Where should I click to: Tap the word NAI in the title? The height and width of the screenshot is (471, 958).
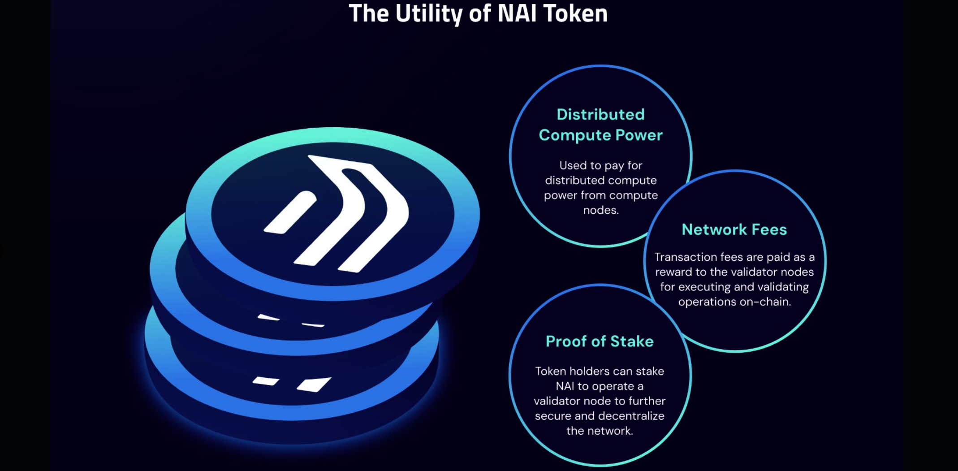pos(517,13)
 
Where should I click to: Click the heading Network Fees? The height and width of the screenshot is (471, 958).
pos(734,229)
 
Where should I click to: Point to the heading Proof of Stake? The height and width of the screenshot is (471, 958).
pos(600,341)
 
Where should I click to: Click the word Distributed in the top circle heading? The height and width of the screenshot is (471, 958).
pos(600,115)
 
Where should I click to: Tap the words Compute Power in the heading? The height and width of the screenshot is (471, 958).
pos(600,135)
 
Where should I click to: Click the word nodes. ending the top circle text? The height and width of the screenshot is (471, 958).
pos(600,210)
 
